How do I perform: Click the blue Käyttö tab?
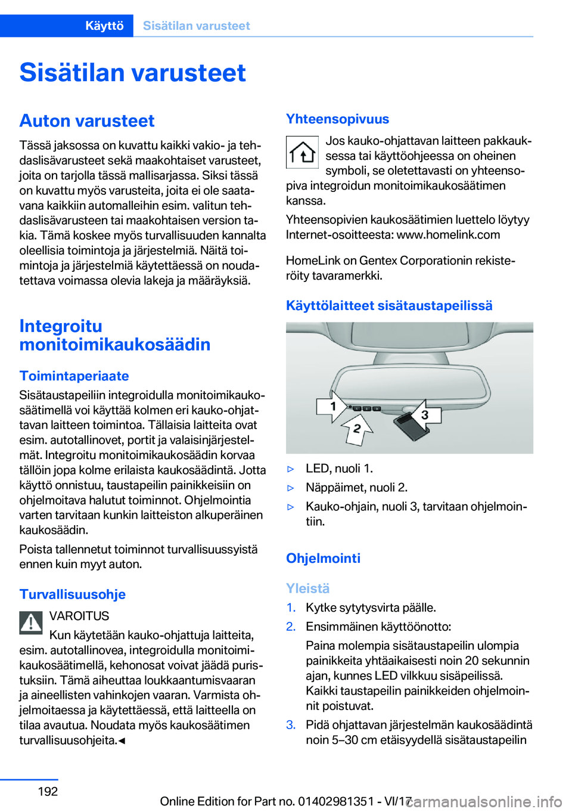[x=104, y=26]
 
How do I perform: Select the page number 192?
[x=48, y=791]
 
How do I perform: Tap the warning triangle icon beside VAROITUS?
[x=31, y=622]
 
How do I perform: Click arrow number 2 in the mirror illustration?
[x=357, y=428]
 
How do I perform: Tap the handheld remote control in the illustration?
[x=408, y=424]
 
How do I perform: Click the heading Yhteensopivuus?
[x=337, y=119]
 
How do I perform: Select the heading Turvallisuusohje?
[x=72, y=594]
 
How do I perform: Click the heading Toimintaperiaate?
[x=74, y=376]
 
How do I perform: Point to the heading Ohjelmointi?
[x=323, y=558]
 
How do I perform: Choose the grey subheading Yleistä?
[x=307, y=588]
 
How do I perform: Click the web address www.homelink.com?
[x=448, y=234]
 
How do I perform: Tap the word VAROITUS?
[x=79, y=616]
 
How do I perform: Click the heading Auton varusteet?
[x=87, y=120]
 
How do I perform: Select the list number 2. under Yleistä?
[x=291, y=627]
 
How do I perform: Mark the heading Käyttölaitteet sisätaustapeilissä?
[x=389, y=305]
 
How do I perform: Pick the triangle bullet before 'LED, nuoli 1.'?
[x=291, y=469]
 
